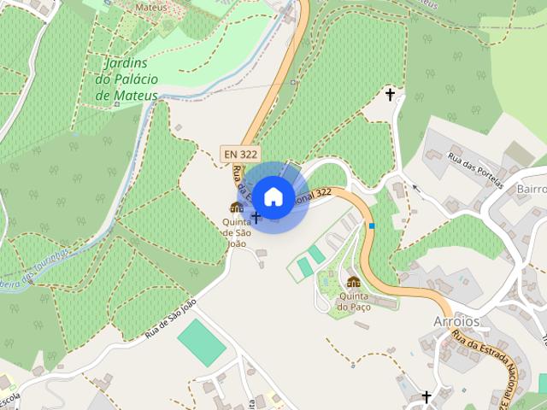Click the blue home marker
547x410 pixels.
click(273, 197)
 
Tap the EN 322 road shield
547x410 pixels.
click(239, 154)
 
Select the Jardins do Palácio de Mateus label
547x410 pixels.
click(126, 79)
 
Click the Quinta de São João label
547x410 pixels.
click(236, 232)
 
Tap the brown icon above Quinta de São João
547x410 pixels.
click(236, 208)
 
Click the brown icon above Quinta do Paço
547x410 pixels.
click(353, 282)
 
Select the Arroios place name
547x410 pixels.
click(457, 322)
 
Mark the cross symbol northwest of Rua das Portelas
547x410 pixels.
click(391, 94)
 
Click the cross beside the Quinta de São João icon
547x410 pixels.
click(255, 218)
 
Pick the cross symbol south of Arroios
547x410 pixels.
click(426, 397)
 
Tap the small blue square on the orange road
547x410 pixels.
click(372, 225)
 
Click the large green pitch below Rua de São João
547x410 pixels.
click(202, 342)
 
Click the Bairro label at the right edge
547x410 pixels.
click(531, 188)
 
